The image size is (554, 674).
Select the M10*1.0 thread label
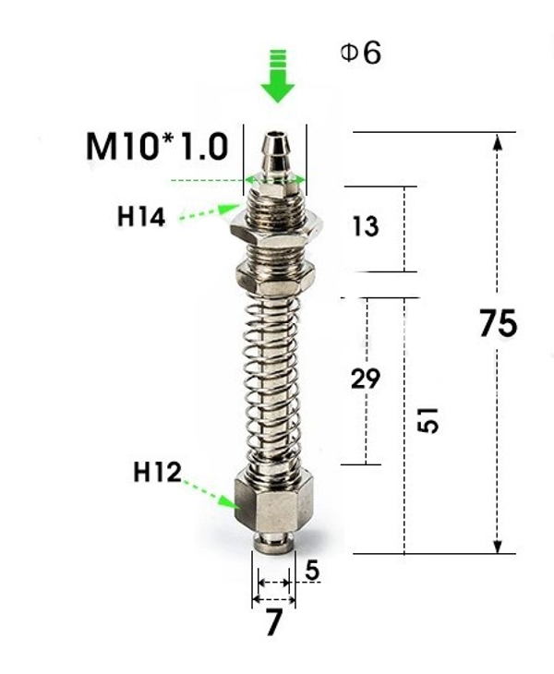coord(156,146)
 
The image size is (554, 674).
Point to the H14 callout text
coord(141,217)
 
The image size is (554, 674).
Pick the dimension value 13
coord(366,226)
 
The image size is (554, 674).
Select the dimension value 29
coord(366,379)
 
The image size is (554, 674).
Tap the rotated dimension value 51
coord(428,420)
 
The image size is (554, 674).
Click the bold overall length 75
coord(498,324)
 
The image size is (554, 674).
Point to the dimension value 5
coord(312,572)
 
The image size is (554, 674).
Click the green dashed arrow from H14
coord(209,213)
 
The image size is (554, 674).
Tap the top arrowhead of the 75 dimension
coord(498,141)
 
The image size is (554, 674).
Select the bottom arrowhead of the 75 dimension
coord(498,546)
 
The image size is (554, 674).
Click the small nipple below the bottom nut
coord(273,541)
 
